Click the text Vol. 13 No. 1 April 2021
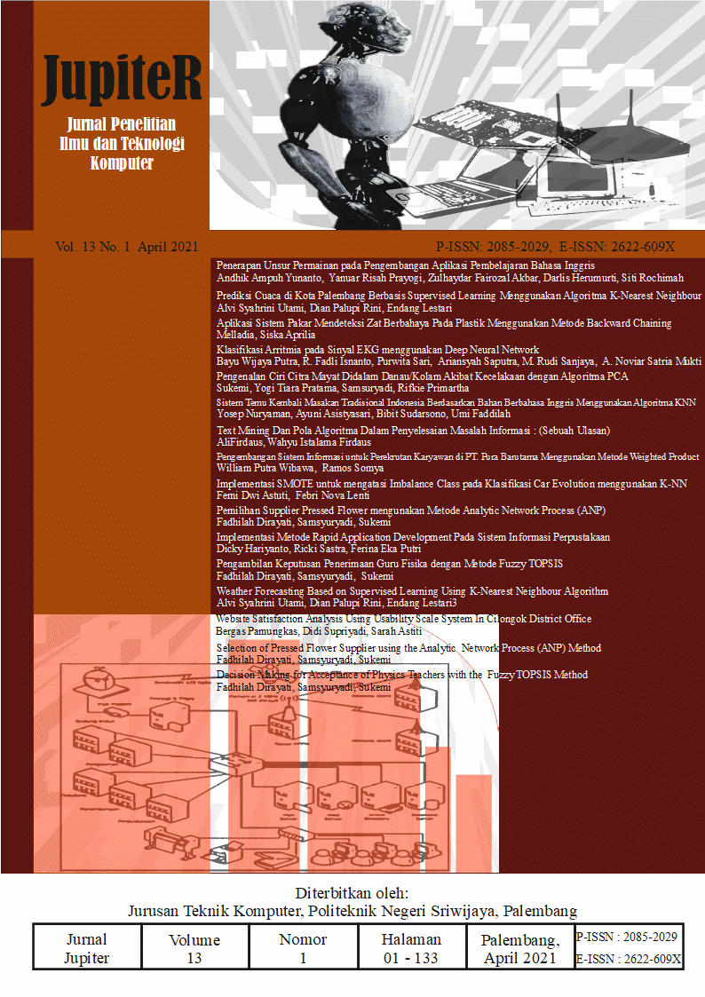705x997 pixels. pyautogui.click(x=126, y=247)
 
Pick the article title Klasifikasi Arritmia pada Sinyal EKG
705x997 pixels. pyautogui.click(x=377, y=350)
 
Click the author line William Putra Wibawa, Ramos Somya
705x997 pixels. pyautogui.click(x=300, y=468)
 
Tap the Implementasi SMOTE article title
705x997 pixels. pyautogui.click(x=440, y=484)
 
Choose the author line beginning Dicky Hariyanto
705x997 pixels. pyautogui.click(x=305, y=548)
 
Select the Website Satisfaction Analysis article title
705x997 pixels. pyautogui.click(x=403, y=619)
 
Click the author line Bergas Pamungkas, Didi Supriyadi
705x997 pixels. pyautogui.click(x=319, y=631)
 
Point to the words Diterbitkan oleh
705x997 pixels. pyautogui.click(x=352, y=893)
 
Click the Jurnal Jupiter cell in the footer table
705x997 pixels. pyautogui.click(x=87, y=948)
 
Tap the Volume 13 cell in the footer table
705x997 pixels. pyautogui.click(x=194, y=948)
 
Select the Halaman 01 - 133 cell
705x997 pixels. pyautogui.click(x=411, y=948)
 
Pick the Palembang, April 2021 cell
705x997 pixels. pyautogui.click(x=520, y=948)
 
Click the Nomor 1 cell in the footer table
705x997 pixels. pyautogui.click(x=303, y=948)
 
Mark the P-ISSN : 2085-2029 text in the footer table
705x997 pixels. pyautogui.click(x=627, y=937)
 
